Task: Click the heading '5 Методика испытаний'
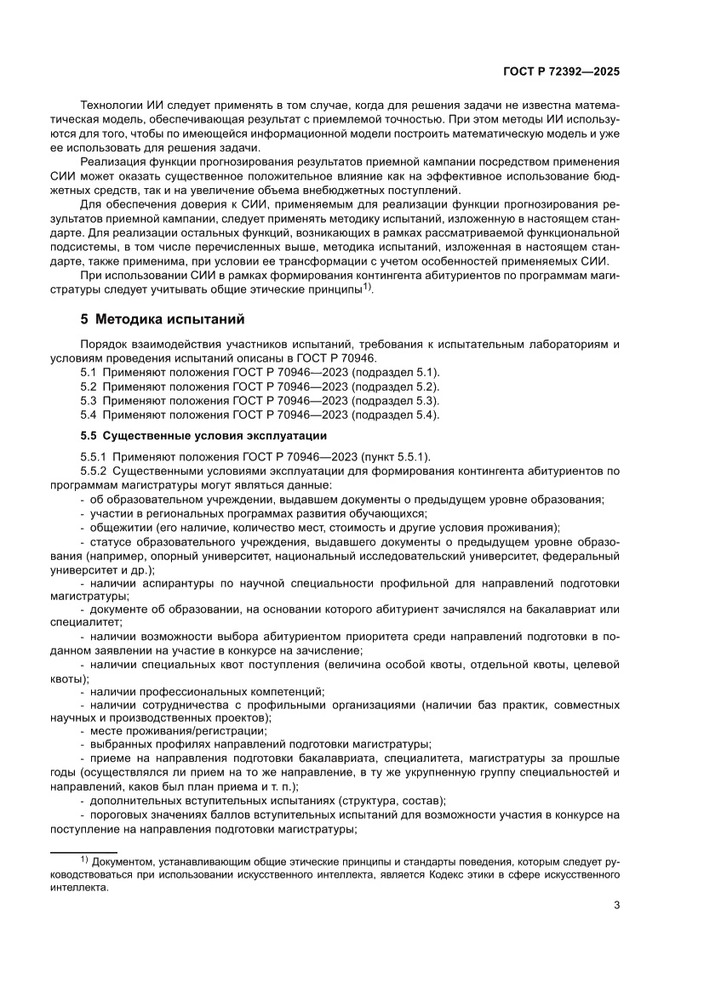click(162, 320)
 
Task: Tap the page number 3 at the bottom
click(616, 905)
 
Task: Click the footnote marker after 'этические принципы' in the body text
click(367, 287)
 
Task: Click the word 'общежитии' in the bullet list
click(115, 528)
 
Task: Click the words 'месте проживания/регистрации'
click(178, 731)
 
